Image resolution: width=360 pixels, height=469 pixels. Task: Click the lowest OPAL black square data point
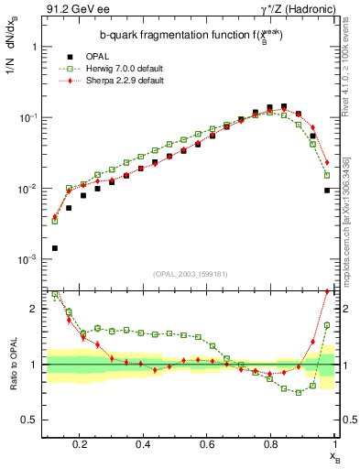pyautogui.click(x=54, y=247)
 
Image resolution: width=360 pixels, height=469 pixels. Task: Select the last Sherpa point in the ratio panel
pyautogui.click(x=327, y=291)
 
